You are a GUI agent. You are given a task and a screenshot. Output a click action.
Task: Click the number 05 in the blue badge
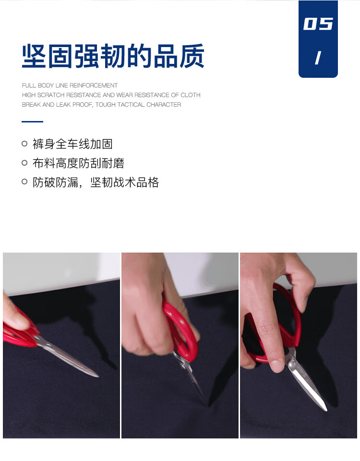pos(318,24)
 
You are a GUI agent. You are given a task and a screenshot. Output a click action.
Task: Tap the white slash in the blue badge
pos(318,58)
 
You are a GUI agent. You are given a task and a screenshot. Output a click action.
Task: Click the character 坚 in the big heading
pos(34,56)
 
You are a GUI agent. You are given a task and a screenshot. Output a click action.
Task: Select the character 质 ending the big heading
pos(192,56)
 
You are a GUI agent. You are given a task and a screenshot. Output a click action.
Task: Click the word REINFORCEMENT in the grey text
pos(94,85)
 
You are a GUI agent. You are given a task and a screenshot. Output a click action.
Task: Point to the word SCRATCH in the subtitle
pos(51,95)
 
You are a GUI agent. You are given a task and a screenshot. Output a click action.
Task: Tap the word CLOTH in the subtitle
pos(191,95)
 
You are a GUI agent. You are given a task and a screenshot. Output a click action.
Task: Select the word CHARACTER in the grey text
pos(164,105)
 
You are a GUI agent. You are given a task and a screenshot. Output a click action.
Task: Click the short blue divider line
pos(32,121)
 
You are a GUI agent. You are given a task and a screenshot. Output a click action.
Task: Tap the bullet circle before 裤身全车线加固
pos(24,144)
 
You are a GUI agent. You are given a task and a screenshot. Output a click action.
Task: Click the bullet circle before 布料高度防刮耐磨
pos(24,163)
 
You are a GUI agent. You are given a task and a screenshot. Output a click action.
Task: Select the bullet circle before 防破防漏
pos(24,182)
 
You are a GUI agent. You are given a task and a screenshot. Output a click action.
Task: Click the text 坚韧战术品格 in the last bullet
pos(125,182)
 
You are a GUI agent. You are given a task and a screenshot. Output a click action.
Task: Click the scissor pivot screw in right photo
pos(291,364)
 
